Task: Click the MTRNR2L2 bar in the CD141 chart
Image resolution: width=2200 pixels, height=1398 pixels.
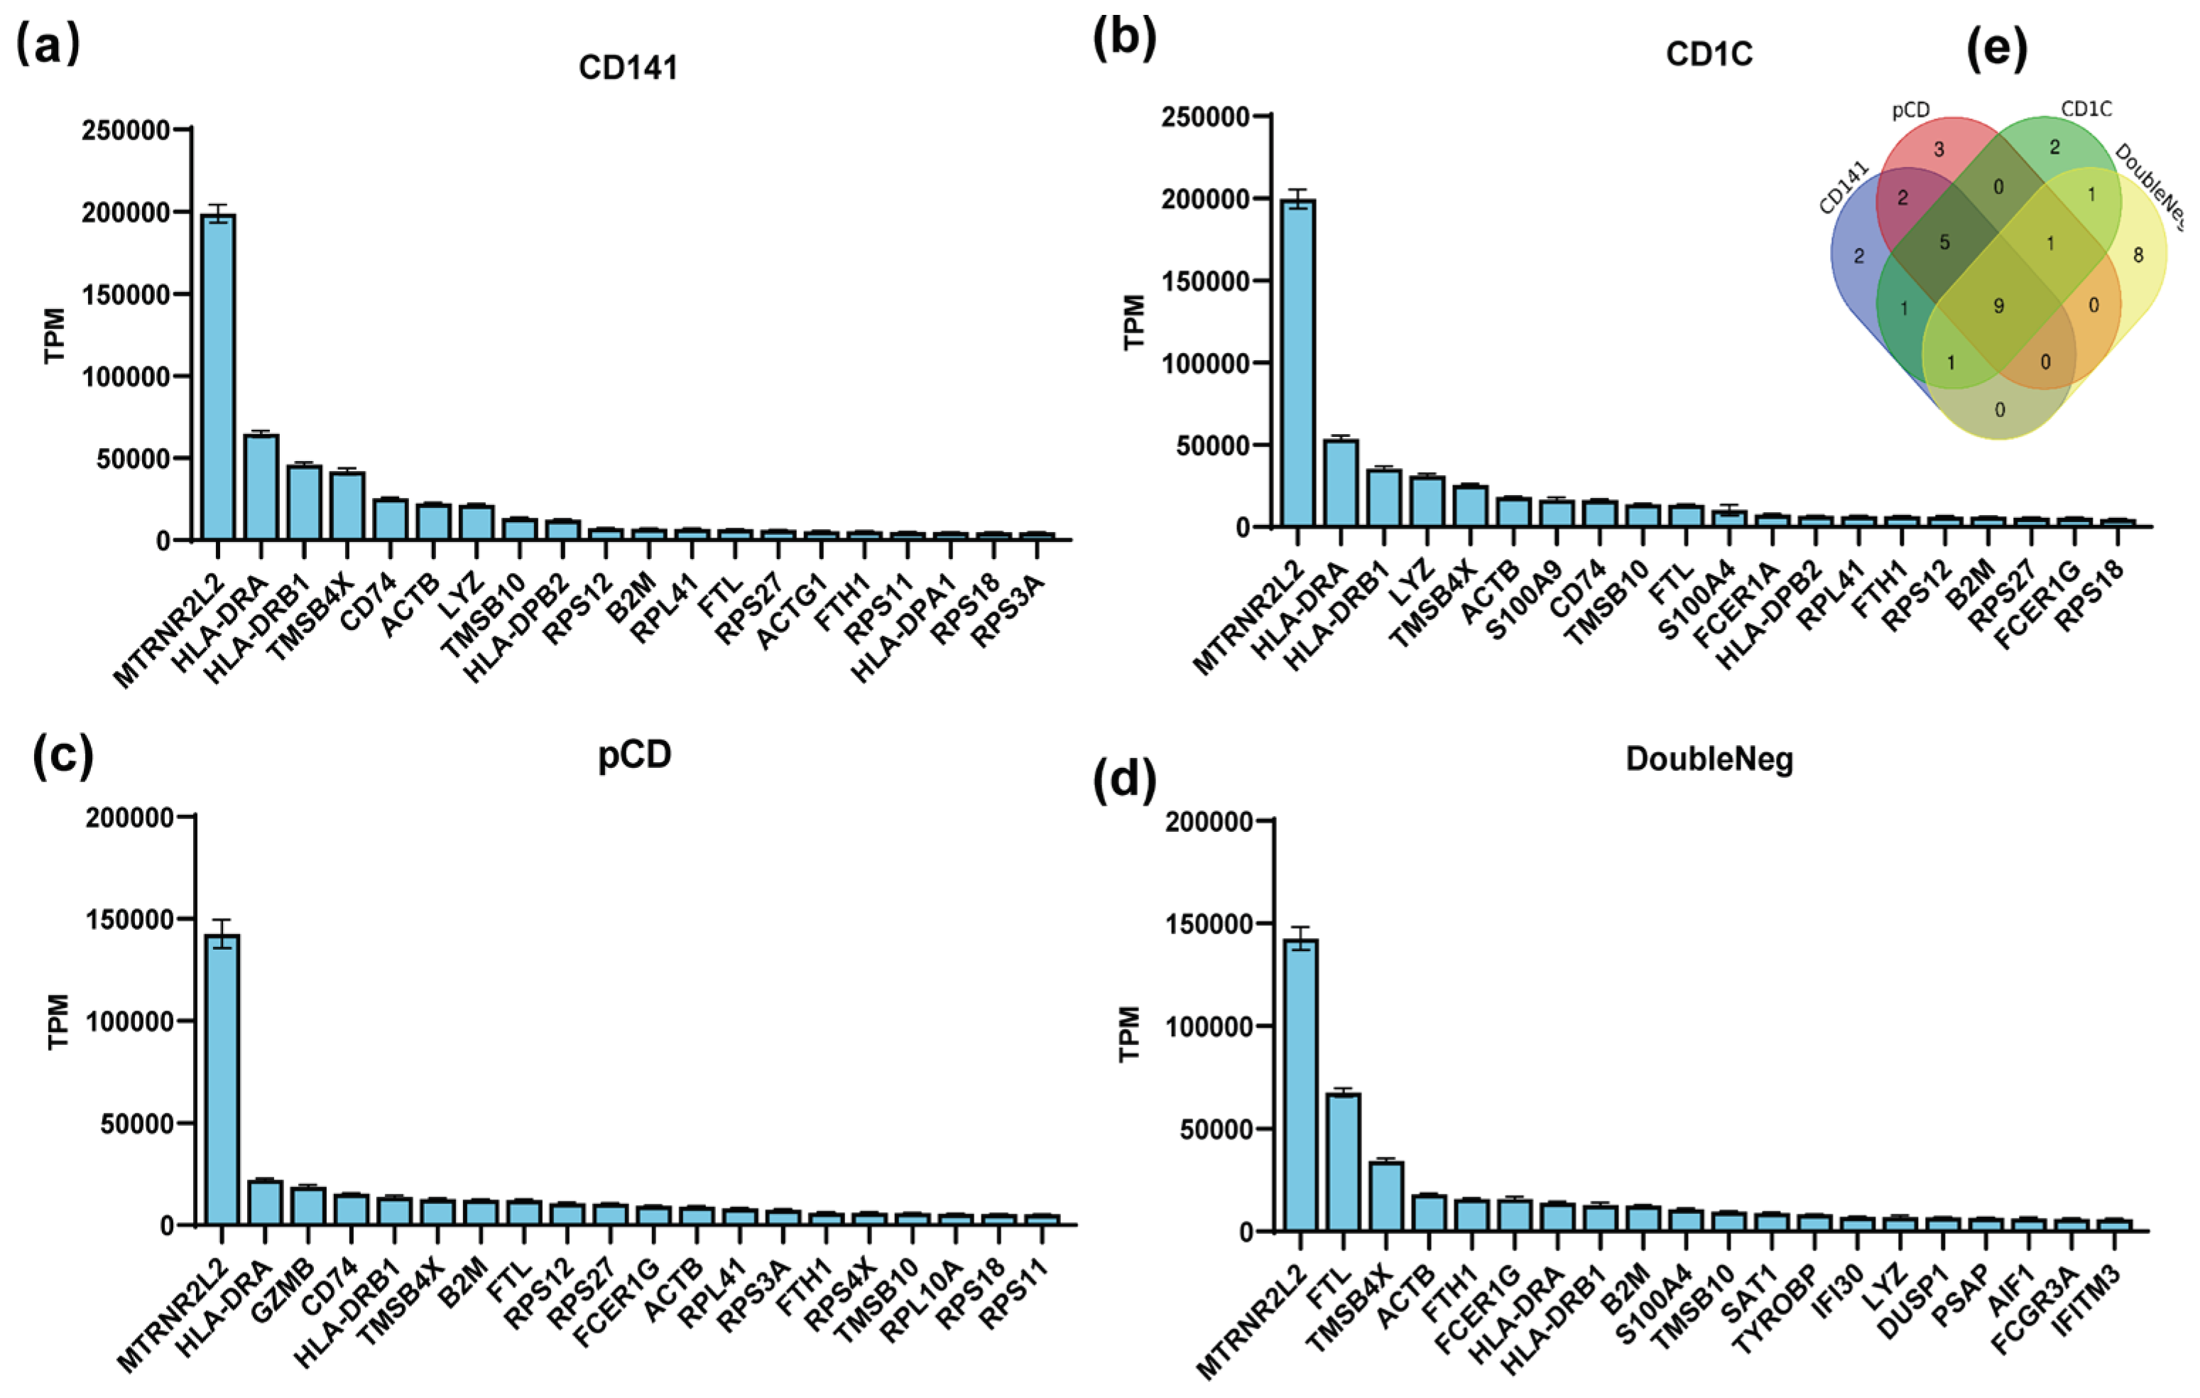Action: tap(218, 376)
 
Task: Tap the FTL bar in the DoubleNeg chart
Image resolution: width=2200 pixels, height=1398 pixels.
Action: tap(1343, 1161)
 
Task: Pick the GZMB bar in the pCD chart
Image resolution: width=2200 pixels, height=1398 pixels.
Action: tap(308, 1205)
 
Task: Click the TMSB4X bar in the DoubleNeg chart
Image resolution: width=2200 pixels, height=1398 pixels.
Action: tap(1386, 1196)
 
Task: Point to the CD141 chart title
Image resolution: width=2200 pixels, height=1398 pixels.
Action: tap(628, 68)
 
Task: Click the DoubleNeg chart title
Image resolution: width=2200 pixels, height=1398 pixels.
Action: tap(1709, 759)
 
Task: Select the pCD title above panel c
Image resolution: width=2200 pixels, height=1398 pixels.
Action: tap(634, 754)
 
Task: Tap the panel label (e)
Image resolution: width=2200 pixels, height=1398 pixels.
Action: tap(1996, 49)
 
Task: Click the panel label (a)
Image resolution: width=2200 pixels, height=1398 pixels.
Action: tap(48, 44)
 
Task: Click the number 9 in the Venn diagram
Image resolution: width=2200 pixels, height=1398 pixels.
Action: tap(1998, 306)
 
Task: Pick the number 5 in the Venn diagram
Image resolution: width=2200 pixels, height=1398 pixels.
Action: tap(1944, 243)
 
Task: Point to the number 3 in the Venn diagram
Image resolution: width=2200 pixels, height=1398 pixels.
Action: tap(1939, 149)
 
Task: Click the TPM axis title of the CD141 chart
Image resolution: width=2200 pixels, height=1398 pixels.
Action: tap(55, 335)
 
